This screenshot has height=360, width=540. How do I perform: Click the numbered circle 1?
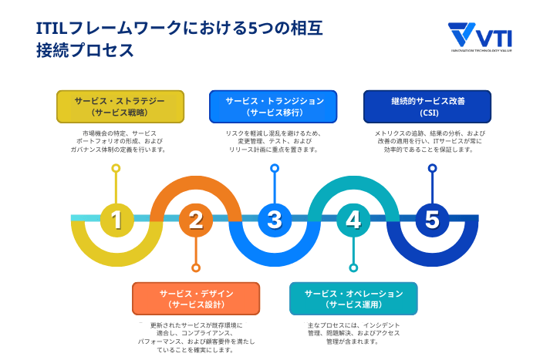(x=116, y=220)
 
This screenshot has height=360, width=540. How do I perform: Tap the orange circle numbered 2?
(x=196, y=220)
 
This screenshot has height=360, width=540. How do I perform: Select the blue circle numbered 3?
(x=275, y=220)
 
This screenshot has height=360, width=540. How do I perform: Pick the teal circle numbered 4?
(x=353, y=220)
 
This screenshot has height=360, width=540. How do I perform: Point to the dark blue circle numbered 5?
(x=432, y=220)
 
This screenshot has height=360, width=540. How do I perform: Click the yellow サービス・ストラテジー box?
(x=120, y=106)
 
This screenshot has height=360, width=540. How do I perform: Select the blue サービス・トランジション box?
(x=274, y=106)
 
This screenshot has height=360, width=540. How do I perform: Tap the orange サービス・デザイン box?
(x=196, y=298)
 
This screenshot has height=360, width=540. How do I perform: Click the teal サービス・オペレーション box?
(x=353, y=298)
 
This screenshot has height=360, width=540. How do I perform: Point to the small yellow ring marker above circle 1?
(x=116, y=167)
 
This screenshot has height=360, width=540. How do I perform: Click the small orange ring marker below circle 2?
(x=196, y=267)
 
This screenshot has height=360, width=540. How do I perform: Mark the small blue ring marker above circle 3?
(x=275, y=167)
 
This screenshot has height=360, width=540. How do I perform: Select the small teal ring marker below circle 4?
(x=353, y=267)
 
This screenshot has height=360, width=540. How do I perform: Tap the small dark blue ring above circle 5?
(x=432, y=167)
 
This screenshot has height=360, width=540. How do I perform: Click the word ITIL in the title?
(x=52, y=29)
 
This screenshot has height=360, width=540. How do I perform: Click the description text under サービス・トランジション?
(x=274, y=141)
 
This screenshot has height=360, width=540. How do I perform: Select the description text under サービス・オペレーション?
(x=353, y=333)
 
